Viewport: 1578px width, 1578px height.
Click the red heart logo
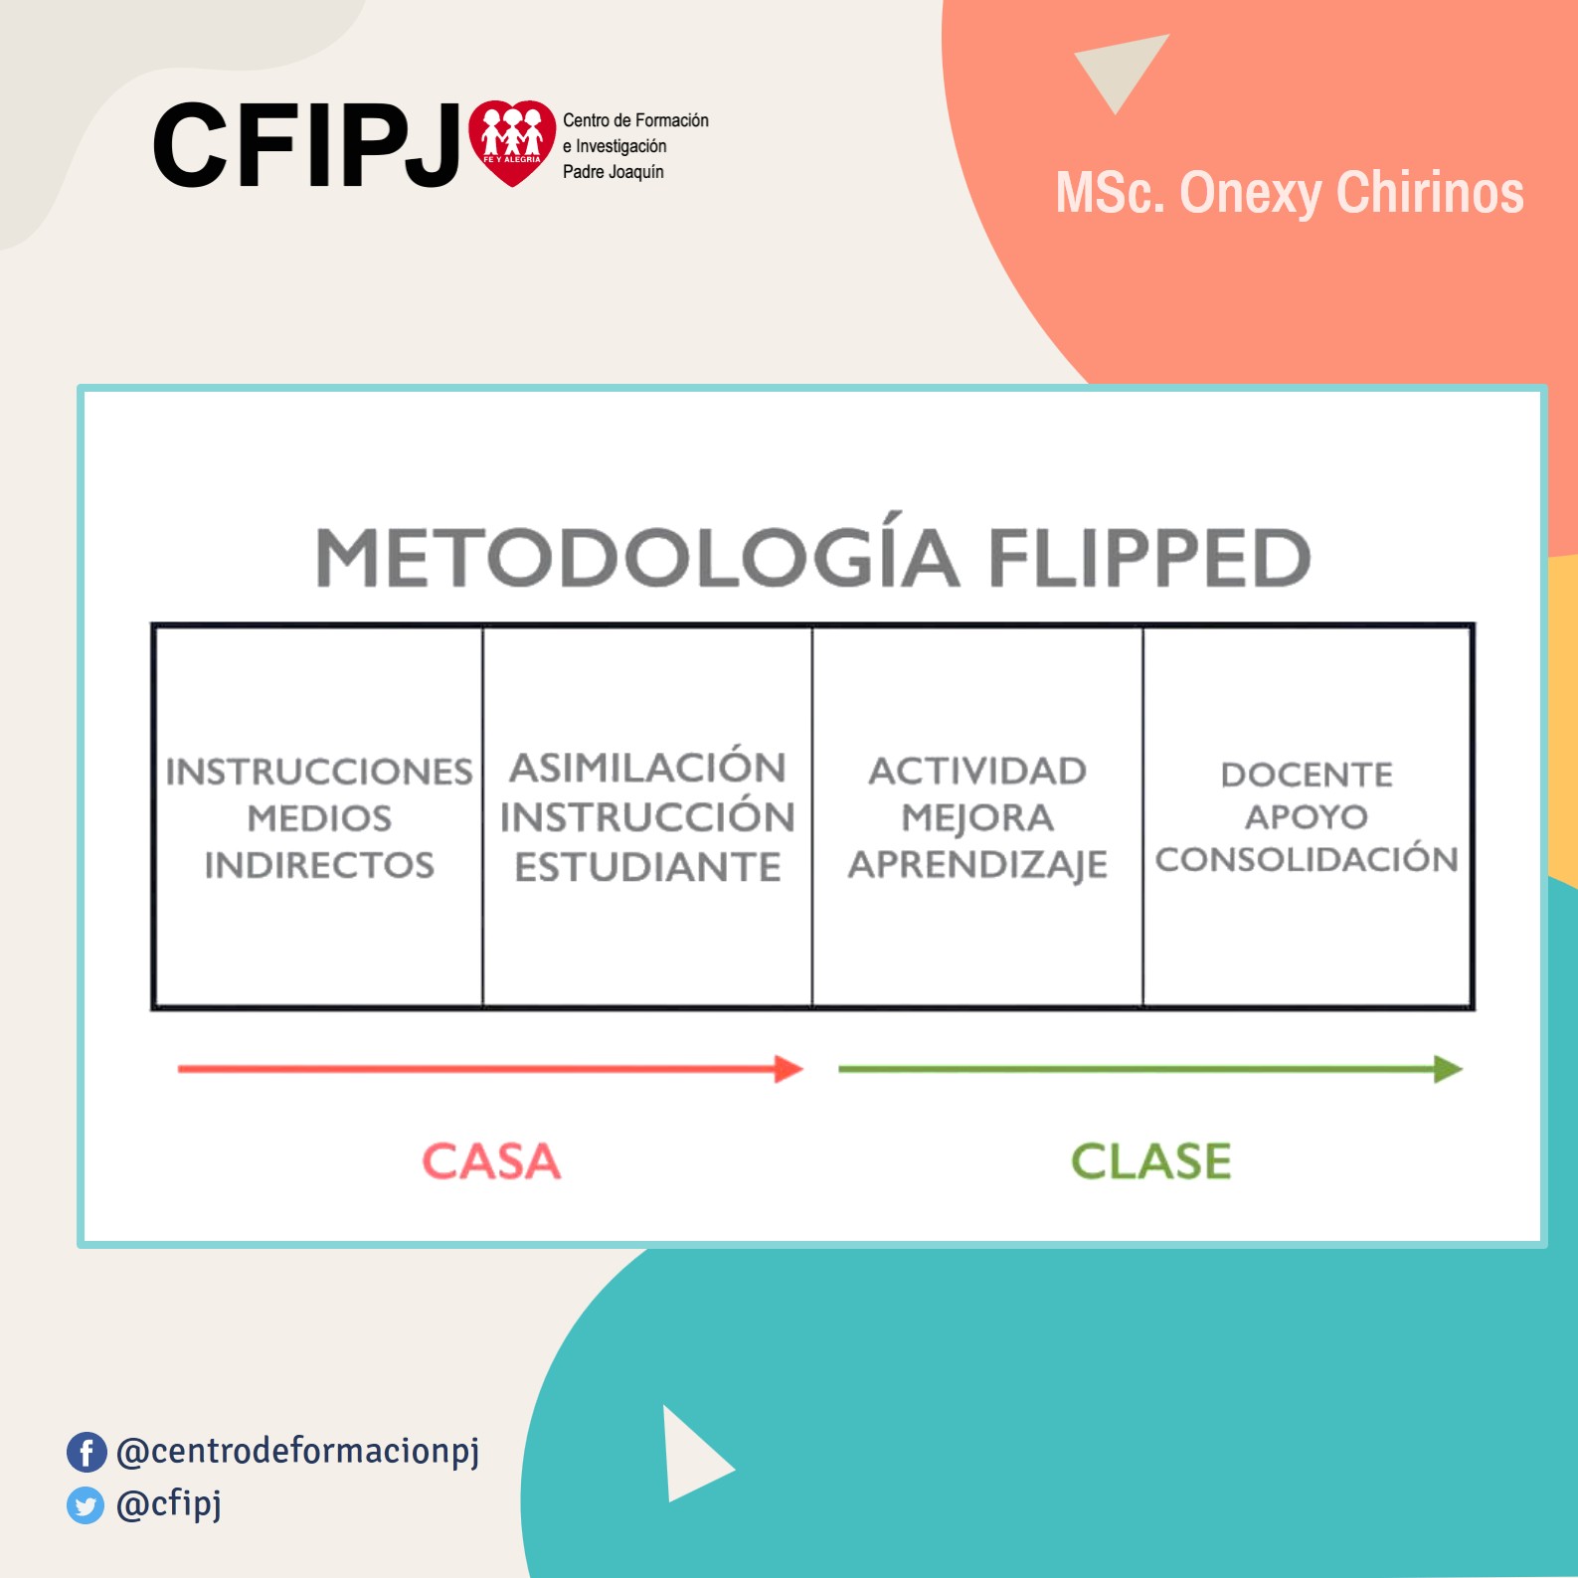512,142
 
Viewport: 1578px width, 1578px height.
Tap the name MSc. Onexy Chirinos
1290,193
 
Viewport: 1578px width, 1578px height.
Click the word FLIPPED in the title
1149,557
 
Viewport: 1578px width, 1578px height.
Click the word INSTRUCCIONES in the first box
319,772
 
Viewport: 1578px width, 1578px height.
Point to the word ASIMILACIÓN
647,767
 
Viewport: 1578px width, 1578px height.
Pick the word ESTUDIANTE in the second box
647,867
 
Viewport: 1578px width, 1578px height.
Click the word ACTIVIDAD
977,771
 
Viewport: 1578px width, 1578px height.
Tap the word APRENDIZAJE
977,865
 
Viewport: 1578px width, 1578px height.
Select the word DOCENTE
1307,775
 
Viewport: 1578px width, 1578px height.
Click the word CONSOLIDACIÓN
1307,858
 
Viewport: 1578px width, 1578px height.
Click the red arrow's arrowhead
789,1069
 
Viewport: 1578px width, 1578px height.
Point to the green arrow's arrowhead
1448,1069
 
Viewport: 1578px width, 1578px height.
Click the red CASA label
491,1161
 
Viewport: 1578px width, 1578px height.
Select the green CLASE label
1150,1161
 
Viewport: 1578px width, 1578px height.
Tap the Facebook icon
87,1452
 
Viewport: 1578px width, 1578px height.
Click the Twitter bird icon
86,1505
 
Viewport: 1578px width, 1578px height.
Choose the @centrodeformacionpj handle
298,1452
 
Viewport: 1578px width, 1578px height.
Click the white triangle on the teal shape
693,1454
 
